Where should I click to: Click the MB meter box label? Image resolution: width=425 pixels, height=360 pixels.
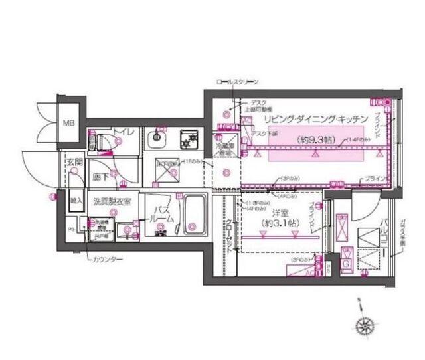pos(68,124)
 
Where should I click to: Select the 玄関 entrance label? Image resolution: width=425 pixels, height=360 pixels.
pos(73,162)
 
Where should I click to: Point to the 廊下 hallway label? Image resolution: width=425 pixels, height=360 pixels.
pos(100,178)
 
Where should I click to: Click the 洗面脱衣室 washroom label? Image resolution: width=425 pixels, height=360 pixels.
pos(112,200)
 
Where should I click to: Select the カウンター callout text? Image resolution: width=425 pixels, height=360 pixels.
pos(107,260)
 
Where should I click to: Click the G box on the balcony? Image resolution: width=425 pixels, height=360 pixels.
pos(345,262)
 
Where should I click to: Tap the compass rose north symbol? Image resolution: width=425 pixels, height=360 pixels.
pos(364,326)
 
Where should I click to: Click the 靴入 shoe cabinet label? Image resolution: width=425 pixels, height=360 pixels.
pos(75,199)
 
